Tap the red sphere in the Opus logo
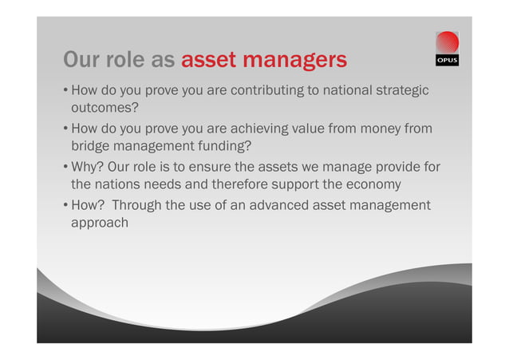point(448,43)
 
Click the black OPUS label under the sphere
point(448,61)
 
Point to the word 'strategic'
point(401,90)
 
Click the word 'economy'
point(370,184)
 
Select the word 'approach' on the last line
point(101,224)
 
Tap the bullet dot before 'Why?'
point(65,167)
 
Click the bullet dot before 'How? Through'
point(65,206)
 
